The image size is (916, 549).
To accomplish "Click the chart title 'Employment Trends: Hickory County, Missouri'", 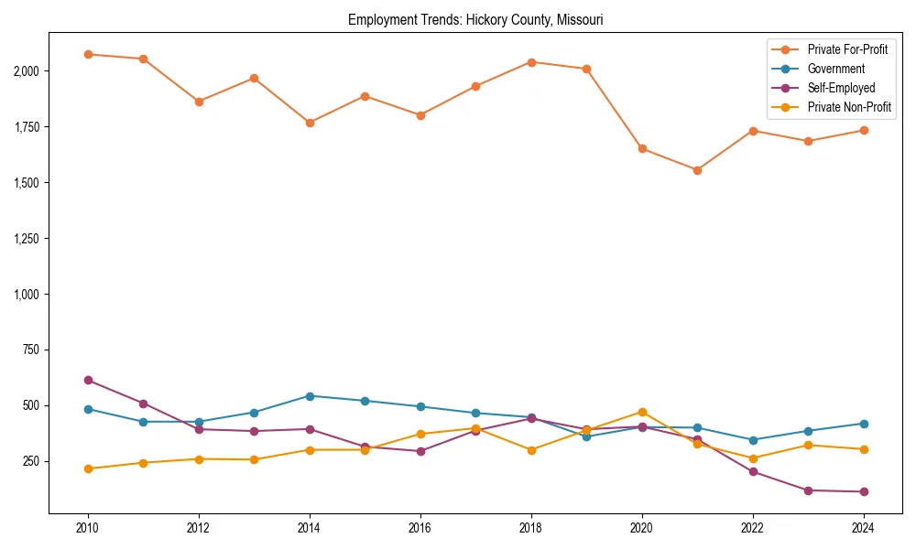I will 475,19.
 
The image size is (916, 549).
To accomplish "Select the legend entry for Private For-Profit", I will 847,49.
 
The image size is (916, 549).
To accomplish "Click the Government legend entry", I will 835,69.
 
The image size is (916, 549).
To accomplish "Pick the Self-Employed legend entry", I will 841,88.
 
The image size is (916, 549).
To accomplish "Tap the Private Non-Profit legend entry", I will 849,107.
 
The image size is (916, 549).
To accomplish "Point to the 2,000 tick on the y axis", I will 26,70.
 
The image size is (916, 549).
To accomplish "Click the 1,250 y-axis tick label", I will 26,238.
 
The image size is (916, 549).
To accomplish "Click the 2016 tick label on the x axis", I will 420,528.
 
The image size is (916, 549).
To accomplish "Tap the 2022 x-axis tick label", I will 753,528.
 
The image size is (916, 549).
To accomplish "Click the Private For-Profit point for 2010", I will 88,54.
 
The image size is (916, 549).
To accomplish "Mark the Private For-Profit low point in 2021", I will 697,170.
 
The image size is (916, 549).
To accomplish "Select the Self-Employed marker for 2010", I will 88,380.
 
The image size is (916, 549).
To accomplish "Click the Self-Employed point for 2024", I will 864,491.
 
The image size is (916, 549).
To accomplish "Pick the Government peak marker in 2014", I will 310,396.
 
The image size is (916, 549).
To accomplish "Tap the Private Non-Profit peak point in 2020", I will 642,412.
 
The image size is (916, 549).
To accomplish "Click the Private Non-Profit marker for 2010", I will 88,468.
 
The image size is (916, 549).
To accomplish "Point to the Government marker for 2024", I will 864,424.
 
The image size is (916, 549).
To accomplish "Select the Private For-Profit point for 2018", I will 531,62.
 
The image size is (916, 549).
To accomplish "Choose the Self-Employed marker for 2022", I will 753,471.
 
